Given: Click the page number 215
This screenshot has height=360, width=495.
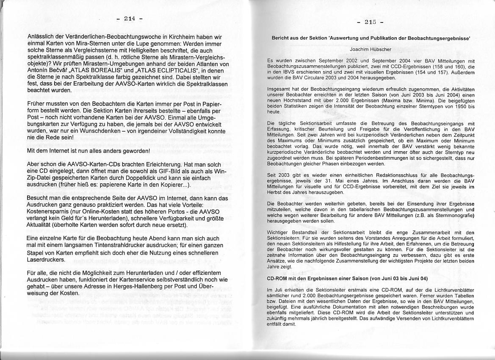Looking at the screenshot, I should (370, 22).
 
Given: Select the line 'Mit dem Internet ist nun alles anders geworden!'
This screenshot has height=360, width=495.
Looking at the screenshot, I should (88, 151).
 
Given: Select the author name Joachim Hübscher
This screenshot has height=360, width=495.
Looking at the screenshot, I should (371, 50).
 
